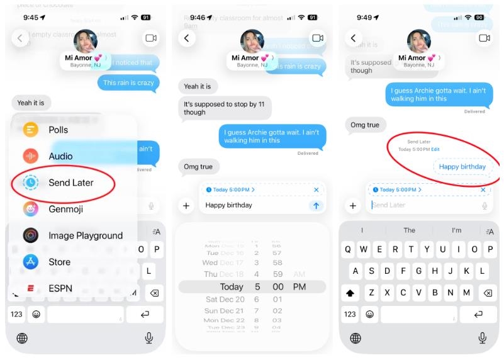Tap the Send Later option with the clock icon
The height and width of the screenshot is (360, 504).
click(70, 183)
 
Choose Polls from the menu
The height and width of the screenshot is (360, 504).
click(58, 130)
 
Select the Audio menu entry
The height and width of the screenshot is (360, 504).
click(60, 156)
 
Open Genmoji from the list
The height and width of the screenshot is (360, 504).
click(66, 209)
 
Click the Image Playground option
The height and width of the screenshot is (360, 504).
click(86, 235)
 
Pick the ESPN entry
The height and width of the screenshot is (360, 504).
click(60, 288)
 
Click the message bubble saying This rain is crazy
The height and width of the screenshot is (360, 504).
click(128, 82)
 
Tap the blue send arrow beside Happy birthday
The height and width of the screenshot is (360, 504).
click(316, 205)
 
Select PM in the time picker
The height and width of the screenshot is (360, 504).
click(300, 287)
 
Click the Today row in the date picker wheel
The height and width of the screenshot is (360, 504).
click(232, 287)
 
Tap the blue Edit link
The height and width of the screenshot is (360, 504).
click(435, 149)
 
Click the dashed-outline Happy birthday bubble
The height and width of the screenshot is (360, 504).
click(462, 167)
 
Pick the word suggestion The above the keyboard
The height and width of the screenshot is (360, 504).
click(410, 230)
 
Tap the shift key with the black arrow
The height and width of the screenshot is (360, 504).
click(350, 293)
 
